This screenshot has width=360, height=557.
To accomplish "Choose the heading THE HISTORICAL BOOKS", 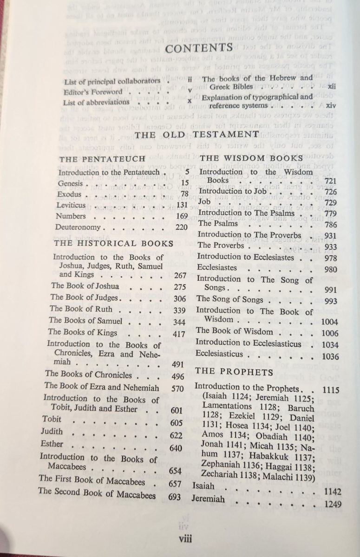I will [113, 243].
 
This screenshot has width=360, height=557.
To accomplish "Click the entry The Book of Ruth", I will [77, 309].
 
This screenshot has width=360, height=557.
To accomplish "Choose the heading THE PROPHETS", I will [233, 372].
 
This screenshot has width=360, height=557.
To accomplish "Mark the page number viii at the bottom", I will [188, 539].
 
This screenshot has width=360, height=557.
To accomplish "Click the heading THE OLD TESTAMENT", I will [197, 134].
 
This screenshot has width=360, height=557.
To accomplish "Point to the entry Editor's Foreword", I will [93, 92].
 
